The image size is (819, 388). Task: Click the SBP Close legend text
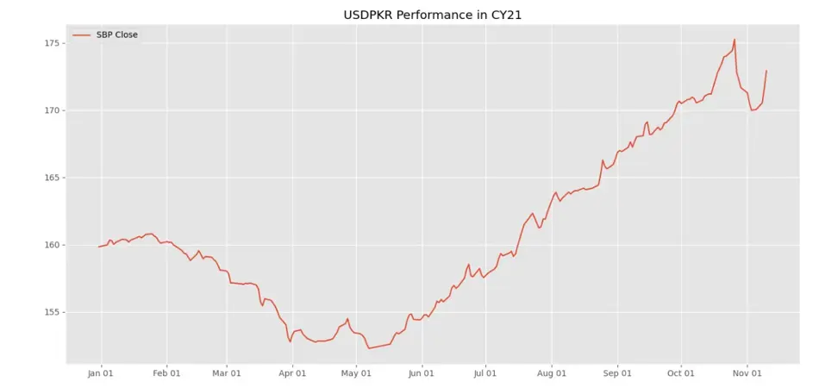(116, 34)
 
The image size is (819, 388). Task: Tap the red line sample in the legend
(82, 35)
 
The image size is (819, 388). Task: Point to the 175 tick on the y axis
(51, 43)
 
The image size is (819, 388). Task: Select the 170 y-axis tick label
(51, 110)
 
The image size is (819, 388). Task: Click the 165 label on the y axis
(51, 178)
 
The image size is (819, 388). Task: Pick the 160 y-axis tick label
(51, 245)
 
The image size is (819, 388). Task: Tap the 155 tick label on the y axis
(51, 312)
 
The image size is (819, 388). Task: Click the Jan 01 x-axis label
(101, 373)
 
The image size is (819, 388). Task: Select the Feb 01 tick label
(166, 373)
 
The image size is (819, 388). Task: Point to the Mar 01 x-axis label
(226, 373)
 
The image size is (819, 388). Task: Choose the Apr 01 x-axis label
(292, 373)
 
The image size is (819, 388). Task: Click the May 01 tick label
(356, 373)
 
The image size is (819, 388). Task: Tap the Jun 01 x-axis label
(422, 373)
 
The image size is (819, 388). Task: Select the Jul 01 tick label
(485, 373)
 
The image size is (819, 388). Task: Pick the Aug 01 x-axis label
(551, 373)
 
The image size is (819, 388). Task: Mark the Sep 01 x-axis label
(617, 373)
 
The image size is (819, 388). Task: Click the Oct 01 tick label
(681, 373)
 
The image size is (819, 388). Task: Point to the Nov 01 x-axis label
(747, 373)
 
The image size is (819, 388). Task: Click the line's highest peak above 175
(734, 40)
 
